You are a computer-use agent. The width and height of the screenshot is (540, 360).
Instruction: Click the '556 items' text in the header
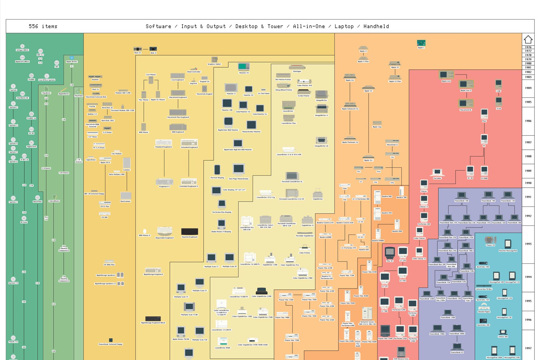pos(43,26)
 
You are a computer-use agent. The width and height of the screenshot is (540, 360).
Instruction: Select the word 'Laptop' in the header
pos(344,26)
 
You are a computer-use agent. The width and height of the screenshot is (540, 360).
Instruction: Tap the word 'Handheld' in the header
pos(376,26)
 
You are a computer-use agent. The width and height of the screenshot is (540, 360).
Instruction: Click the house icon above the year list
pos(528,39)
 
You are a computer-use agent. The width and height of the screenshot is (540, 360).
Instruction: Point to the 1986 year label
pos(528,121)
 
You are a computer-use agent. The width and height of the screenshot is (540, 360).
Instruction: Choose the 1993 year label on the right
pos(528,244)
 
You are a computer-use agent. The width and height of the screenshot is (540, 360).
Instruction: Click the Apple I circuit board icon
pos(421,43)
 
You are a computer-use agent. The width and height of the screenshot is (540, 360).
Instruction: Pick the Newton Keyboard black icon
pos(190,232)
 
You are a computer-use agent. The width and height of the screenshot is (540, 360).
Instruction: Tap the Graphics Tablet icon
pos(214,59)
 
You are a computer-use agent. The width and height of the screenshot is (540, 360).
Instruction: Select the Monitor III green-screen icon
pos(244,67)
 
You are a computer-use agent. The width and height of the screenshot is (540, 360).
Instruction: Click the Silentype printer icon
pos(297,67)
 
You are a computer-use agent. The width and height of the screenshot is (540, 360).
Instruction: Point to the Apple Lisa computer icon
pos(446,75)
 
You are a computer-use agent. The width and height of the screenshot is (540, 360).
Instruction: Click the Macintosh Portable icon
pos(437,172)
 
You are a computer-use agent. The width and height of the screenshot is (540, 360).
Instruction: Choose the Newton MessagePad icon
pos(508,244)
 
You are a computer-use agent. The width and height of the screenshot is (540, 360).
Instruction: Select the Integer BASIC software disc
pos(22,46)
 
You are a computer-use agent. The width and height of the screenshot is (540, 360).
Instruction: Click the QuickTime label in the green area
pos(38,202)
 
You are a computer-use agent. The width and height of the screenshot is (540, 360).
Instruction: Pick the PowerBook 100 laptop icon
pos(461,195)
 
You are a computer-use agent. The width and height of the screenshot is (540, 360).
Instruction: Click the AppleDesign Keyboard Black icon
pos(153,319)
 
